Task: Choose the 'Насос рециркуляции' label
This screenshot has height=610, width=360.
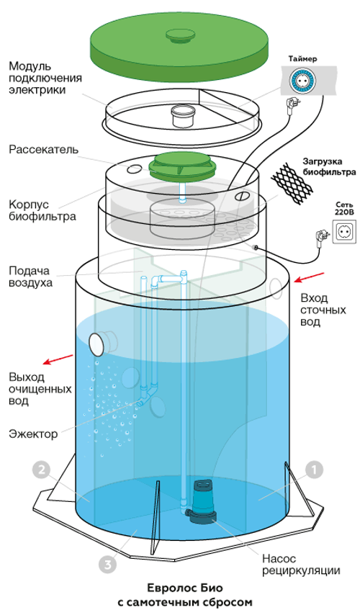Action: coord(300,564)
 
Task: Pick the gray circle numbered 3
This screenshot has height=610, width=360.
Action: coord(107,565)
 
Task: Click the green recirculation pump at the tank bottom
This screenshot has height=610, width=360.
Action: coord(201,499)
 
